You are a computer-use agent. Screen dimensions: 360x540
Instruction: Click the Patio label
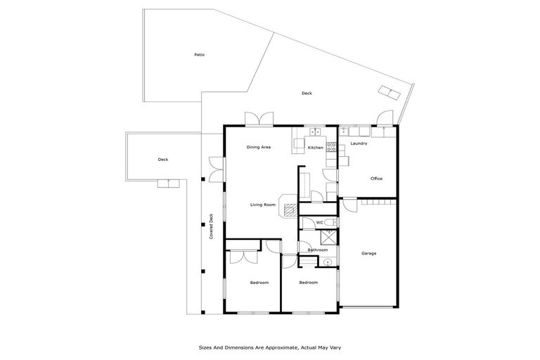[x=200, y=55]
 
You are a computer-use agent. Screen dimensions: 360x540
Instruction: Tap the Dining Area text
[x=258, y=148]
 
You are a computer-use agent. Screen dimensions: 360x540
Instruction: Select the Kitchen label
[x=315, y=148]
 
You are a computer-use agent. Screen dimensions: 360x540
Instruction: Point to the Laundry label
[x=359, y=144]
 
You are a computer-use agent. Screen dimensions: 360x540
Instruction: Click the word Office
[x=376, y=179]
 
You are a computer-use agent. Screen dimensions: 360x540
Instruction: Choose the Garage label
[x=369, y=253]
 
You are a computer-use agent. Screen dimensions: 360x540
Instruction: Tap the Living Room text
[x=263, y=205]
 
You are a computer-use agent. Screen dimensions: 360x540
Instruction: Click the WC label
[x=319, y=223]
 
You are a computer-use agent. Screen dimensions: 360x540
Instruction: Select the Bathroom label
[x=318, y=250]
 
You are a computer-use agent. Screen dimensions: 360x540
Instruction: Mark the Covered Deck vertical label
[x=211, y=226]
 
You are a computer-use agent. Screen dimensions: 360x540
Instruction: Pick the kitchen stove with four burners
[x=330, y=147]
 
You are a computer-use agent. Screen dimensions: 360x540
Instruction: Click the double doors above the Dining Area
[x=257, y=120]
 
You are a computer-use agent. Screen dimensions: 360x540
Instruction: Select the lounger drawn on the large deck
[x=389, y=92]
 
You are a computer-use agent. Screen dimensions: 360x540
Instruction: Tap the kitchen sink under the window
[x=314, y=131]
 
